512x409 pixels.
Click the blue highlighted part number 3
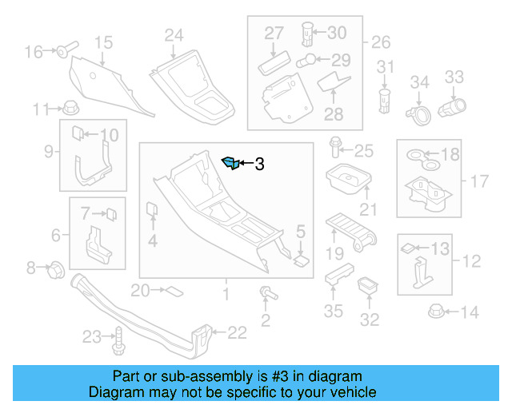[x=230, y=164]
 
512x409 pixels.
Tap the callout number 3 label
[x=258, y=165]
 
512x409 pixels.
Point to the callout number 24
[x=174, y=34]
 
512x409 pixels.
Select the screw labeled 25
[x=335, y=149]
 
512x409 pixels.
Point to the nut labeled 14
[x=437, y=312]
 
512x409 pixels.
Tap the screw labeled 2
[x=265, y=296]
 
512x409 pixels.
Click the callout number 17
[x=478, y=181]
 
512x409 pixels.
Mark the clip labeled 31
[x=386, y=100]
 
